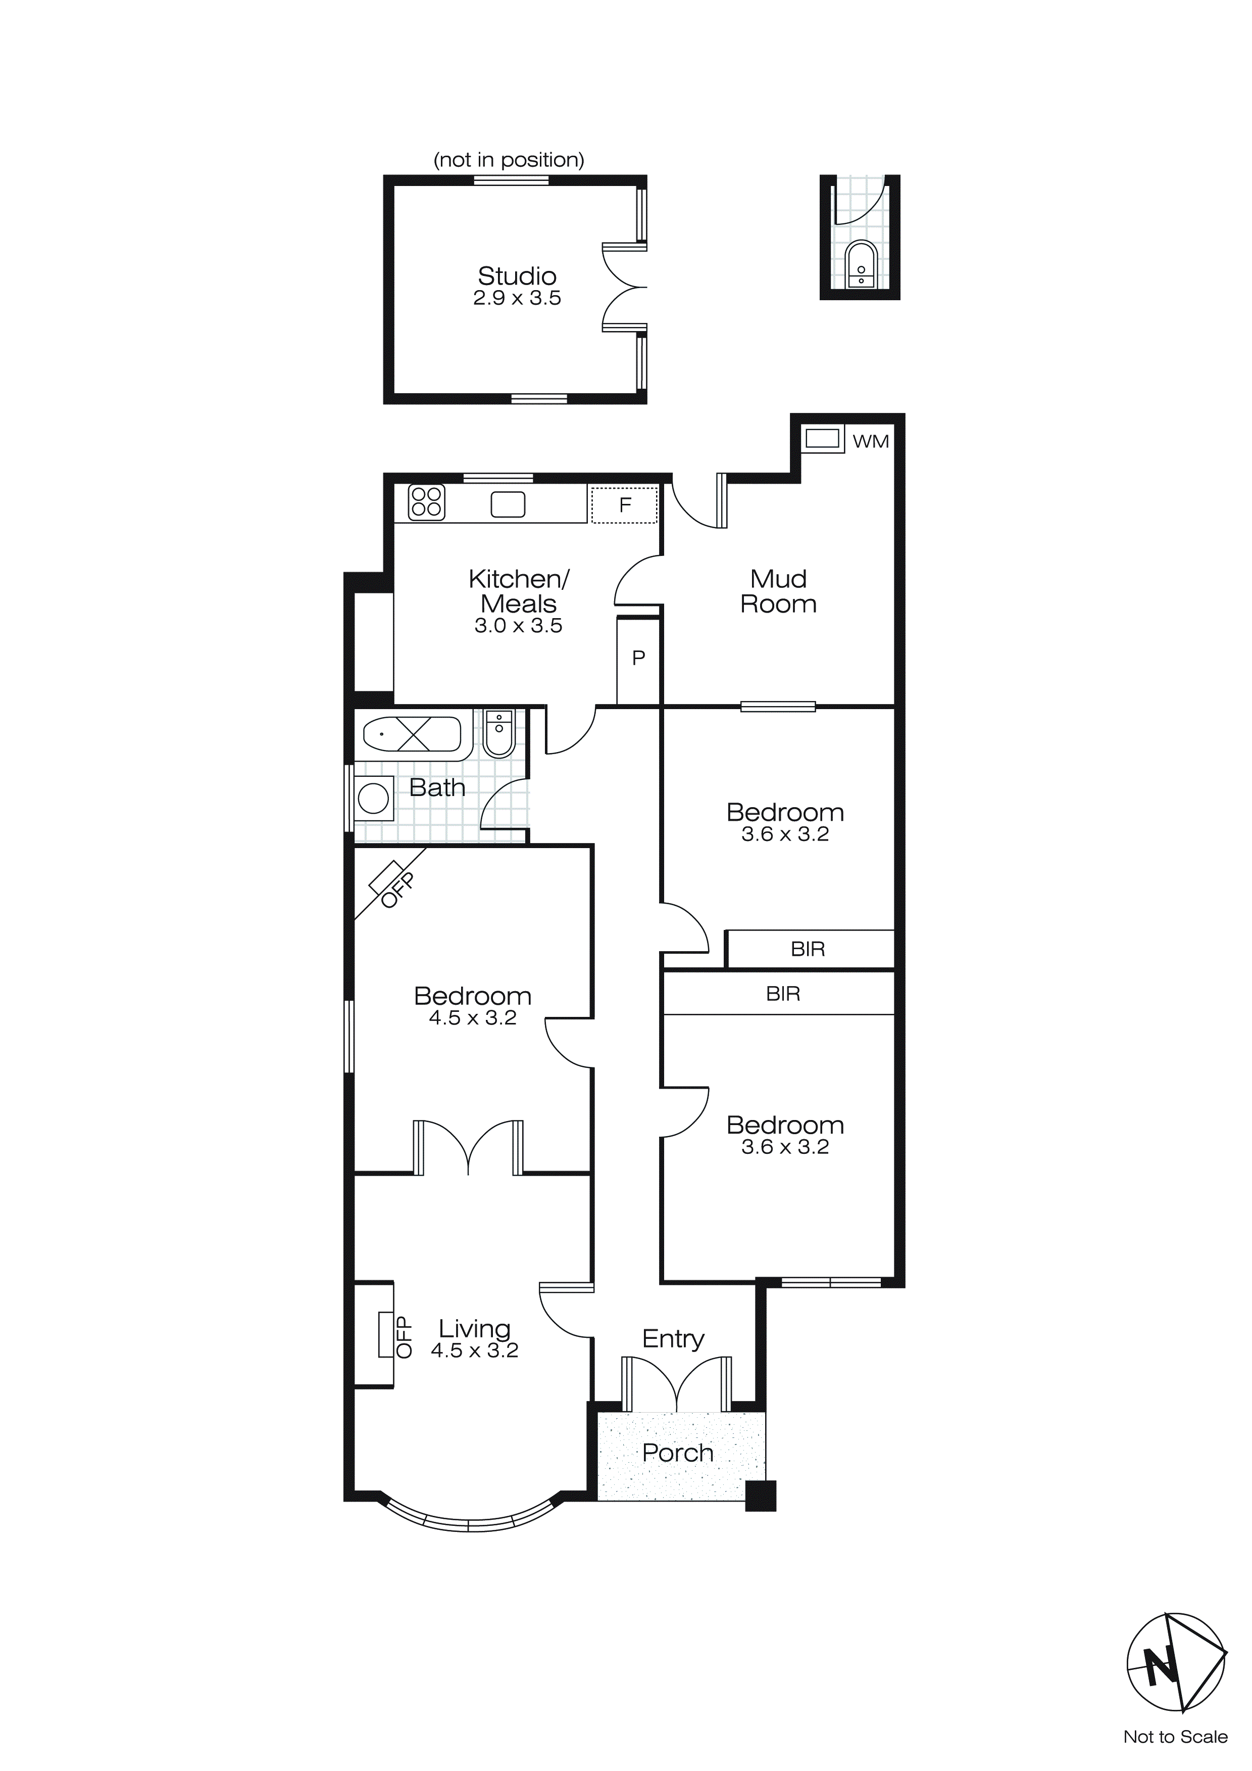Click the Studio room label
click(x=517, y=276)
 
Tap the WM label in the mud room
click(x=870, y=441)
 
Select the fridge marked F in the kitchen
click(x=624, y=505)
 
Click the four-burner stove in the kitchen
click(x=426, y=501)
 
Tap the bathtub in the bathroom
click(x=413, y=734)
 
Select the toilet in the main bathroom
click(x=499, y=735)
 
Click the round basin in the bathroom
click(x=374, y=799)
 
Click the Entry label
click(x=673, y=1338)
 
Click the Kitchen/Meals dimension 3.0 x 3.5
click(x=518, y=626)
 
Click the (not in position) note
click(x=509, y=160)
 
